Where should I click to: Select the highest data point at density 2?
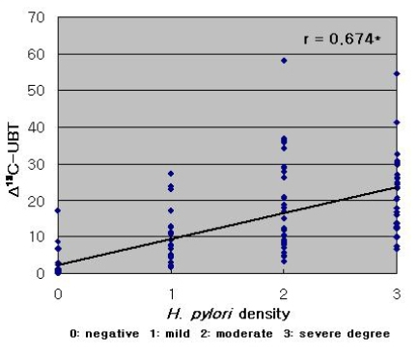click(284, 61)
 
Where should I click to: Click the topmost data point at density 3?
click(397, 73)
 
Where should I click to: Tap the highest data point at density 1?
click(171, 174)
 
